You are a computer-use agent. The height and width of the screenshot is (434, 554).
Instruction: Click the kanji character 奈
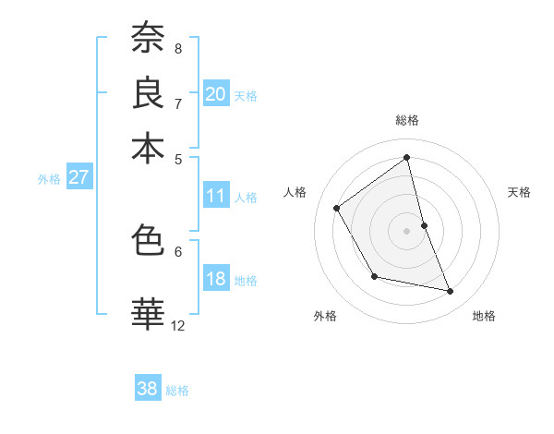(x=148, y=39)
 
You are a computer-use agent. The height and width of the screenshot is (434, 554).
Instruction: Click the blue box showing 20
(x=216, y=94)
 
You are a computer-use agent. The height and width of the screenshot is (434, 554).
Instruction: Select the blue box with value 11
(x=216, y=196)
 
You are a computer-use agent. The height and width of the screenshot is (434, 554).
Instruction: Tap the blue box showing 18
(x=216, y=280)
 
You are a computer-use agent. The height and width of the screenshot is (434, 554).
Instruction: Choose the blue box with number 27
(x=78, y=177)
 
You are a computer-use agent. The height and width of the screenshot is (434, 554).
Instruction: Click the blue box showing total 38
(x=148, y=389)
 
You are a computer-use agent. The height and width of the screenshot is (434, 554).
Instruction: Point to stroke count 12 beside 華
(x=178, y=325)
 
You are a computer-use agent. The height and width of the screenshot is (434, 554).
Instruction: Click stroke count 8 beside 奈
(x=178, y=48)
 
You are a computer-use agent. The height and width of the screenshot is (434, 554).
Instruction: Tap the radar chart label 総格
(x=407, y=120)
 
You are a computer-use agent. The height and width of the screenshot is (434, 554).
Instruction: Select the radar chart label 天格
(x=519, y=192)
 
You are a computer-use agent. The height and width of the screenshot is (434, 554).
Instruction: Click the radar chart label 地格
(x=484, y=316)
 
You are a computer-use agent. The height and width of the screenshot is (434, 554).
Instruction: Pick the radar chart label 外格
(x=325, y=316)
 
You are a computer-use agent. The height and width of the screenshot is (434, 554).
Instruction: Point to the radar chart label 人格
(x=295, y=192)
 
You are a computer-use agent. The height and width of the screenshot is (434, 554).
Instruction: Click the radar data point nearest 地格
(x=451, y=292)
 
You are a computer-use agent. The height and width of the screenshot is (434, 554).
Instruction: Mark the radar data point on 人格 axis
(x=337, y=208)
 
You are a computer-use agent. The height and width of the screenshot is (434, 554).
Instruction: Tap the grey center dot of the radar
(x=407, y=230)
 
